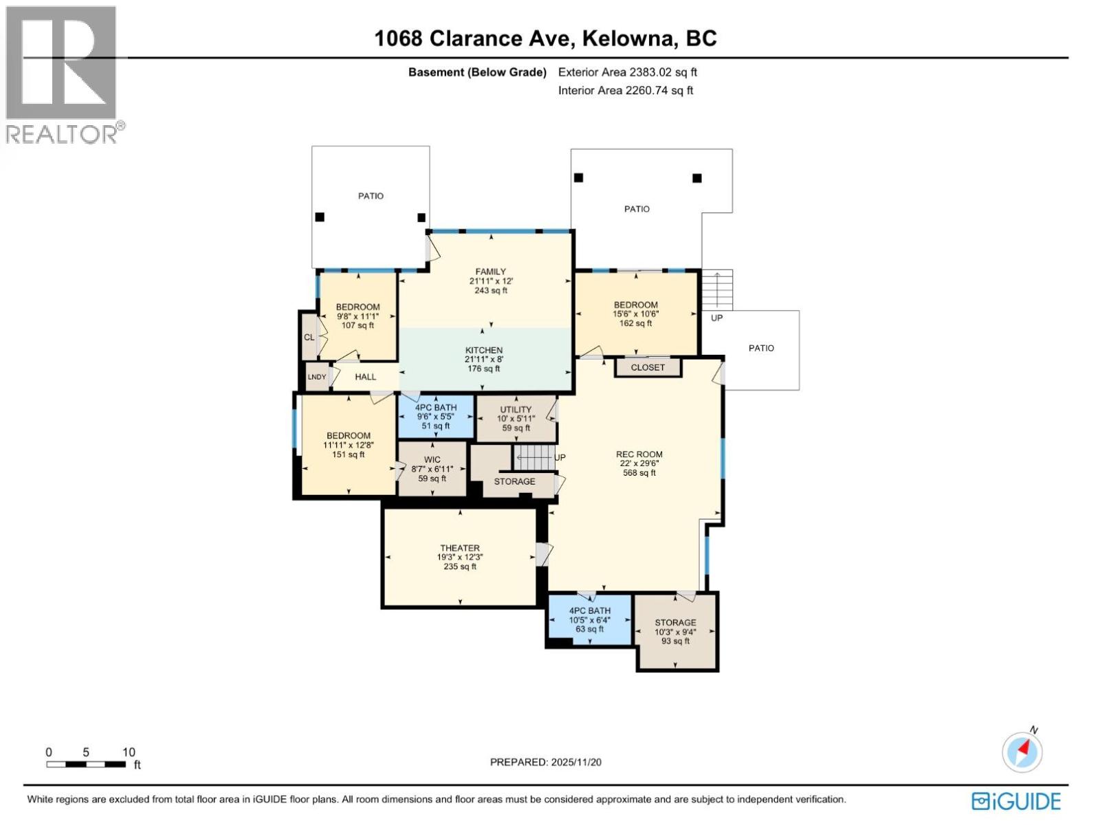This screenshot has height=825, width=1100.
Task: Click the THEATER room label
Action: tap(460, 548)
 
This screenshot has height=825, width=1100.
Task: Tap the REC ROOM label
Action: tap(639, 454)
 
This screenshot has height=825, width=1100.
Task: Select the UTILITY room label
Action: tap(516, 410)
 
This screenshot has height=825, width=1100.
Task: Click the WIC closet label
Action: tap(432, 460)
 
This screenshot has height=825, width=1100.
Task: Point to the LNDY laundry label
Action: tap(317, 377)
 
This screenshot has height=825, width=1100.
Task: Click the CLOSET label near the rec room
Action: tap(648, 367)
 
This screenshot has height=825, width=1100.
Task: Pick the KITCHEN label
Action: tap(484, 350)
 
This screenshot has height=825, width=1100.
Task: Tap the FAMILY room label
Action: tap(491, 272)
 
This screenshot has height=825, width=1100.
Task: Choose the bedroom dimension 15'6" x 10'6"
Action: tap(636, 314)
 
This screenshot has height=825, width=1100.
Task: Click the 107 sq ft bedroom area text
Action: tap(357, 326)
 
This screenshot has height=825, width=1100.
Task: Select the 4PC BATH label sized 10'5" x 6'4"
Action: tap(590, 610)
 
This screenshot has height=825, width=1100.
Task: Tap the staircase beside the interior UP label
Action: tap(533, 456)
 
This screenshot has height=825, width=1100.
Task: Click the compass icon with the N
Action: tap(1022, 751)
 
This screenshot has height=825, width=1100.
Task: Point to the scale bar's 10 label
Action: tap(129, 752)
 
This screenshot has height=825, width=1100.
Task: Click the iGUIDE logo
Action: tap(1016, 802)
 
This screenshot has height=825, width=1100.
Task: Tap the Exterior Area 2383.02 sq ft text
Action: tap(628, 71)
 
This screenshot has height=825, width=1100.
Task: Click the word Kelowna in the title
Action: tap(626, 38)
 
